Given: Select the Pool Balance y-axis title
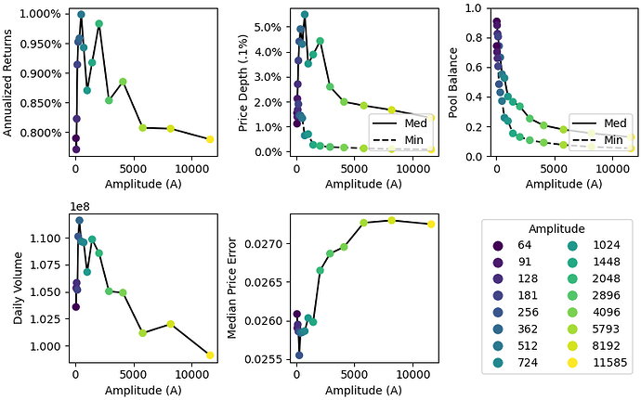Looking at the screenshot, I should coord(452,82).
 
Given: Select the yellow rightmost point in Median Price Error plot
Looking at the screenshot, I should coord(431,224).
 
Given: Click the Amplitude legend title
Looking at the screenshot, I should coord(557,228).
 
